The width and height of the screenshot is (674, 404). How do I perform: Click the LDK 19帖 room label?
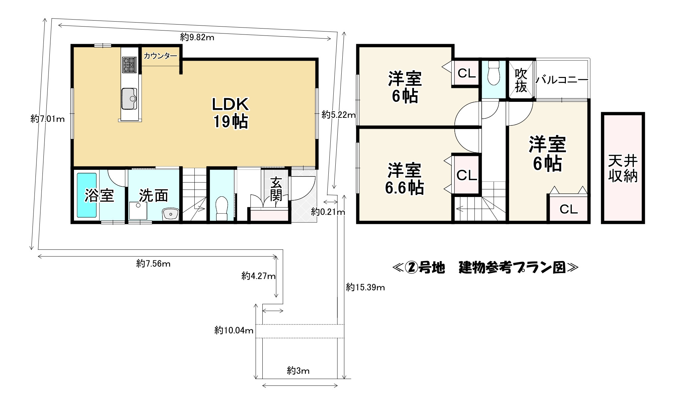pos(230,113)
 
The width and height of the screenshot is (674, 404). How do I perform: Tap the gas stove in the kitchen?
pos(129,65)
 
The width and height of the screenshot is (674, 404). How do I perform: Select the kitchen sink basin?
pos(129,99)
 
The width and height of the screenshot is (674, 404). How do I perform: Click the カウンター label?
pos(160,56)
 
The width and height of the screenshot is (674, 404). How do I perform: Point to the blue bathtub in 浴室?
pos(87,195)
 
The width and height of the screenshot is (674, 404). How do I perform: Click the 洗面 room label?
pos(153,196)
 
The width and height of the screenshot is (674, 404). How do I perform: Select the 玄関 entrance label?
pos(276,189)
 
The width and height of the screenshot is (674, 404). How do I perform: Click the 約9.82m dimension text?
pos(197,37)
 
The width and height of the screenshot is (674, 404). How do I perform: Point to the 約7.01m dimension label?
pos(47,118)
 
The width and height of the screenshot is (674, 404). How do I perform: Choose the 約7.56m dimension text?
pos(153,264)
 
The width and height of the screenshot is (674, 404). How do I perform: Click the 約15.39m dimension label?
pos(365,287)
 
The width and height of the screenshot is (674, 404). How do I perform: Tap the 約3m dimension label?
pos(298,370)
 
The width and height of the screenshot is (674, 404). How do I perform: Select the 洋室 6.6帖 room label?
pos(404,179)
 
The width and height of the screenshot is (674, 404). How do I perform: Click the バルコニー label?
pos(562,80)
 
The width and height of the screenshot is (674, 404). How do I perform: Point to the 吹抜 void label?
pos(521,81)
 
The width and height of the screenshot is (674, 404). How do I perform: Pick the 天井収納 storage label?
pos(623,169)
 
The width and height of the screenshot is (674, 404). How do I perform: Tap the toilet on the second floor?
pos(494,73)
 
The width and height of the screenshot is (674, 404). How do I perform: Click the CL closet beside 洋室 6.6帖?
pos(466,175)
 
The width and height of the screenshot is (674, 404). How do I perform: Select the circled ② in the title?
pos(410,267)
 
